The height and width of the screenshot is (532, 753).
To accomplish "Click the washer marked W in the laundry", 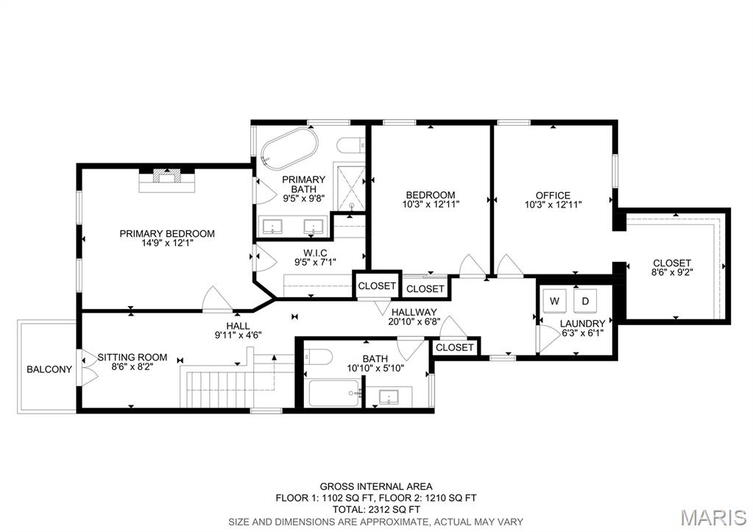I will click(554, 301).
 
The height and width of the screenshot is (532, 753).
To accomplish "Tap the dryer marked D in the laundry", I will click(585, 301).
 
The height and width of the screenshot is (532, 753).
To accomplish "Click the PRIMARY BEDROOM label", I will click(167, 234).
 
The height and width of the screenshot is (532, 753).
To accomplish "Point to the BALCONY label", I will click(49, 369).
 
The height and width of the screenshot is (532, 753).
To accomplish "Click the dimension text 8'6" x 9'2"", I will click(672, 273).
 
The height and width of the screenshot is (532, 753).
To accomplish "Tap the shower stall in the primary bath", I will click(351, 188).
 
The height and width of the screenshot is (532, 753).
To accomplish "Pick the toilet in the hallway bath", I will click(318, 357).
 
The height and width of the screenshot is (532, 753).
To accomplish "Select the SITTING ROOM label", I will click(132, 358).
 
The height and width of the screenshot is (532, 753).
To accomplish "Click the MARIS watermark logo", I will click(715, 517).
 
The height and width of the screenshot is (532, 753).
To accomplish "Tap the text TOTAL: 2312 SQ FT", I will click(376, 509).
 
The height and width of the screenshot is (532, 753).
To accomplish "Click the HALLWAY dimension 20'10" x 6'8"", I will click(414, 321).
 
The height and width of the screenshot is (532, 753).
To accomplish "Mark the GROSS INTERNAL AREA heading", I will click(376, 486).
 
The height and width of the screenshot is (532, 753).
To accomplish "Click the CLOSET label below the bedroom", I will click(425, 288).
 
